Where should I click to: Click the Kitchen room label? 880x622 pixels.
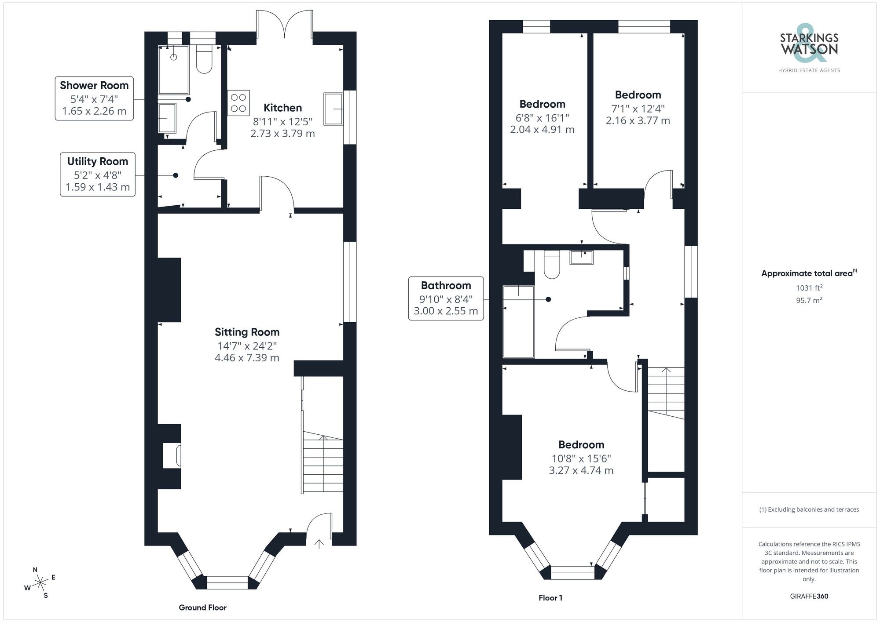[282, 108]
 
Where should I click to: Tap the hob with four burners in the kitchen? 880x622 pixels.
[238, 103]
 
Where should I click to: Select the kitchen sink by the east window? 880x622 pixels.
[333, 109]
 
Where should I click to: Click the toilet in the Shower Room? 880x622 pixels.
[204, 60]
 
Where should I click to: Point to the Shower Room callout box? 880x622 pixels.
[94, 98]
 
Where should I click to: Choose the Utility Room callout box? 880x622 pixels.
[98, 174]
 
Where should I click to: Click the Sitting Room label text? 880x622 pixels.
[247, 332]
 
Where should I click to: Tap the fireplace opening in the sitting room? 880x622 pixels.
[172, 456]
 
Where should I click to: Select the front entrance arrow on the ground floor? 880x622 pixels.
[319, 544]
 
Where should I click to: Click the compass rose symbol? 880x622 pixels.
[40, 583]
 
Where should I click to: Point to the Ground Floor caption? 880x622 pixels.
[202, 607]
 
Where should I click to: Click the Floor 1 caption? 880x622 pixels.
[550, 598]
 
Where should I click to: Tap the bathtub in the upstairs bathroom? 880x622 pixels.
[519, 322]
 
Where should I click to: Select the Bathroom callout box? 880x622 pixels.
[446, 298]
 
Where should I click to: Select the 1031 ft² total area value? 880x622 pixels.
[809, 288]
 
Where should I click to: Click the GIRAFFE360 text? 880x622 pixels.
[809, 597]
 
